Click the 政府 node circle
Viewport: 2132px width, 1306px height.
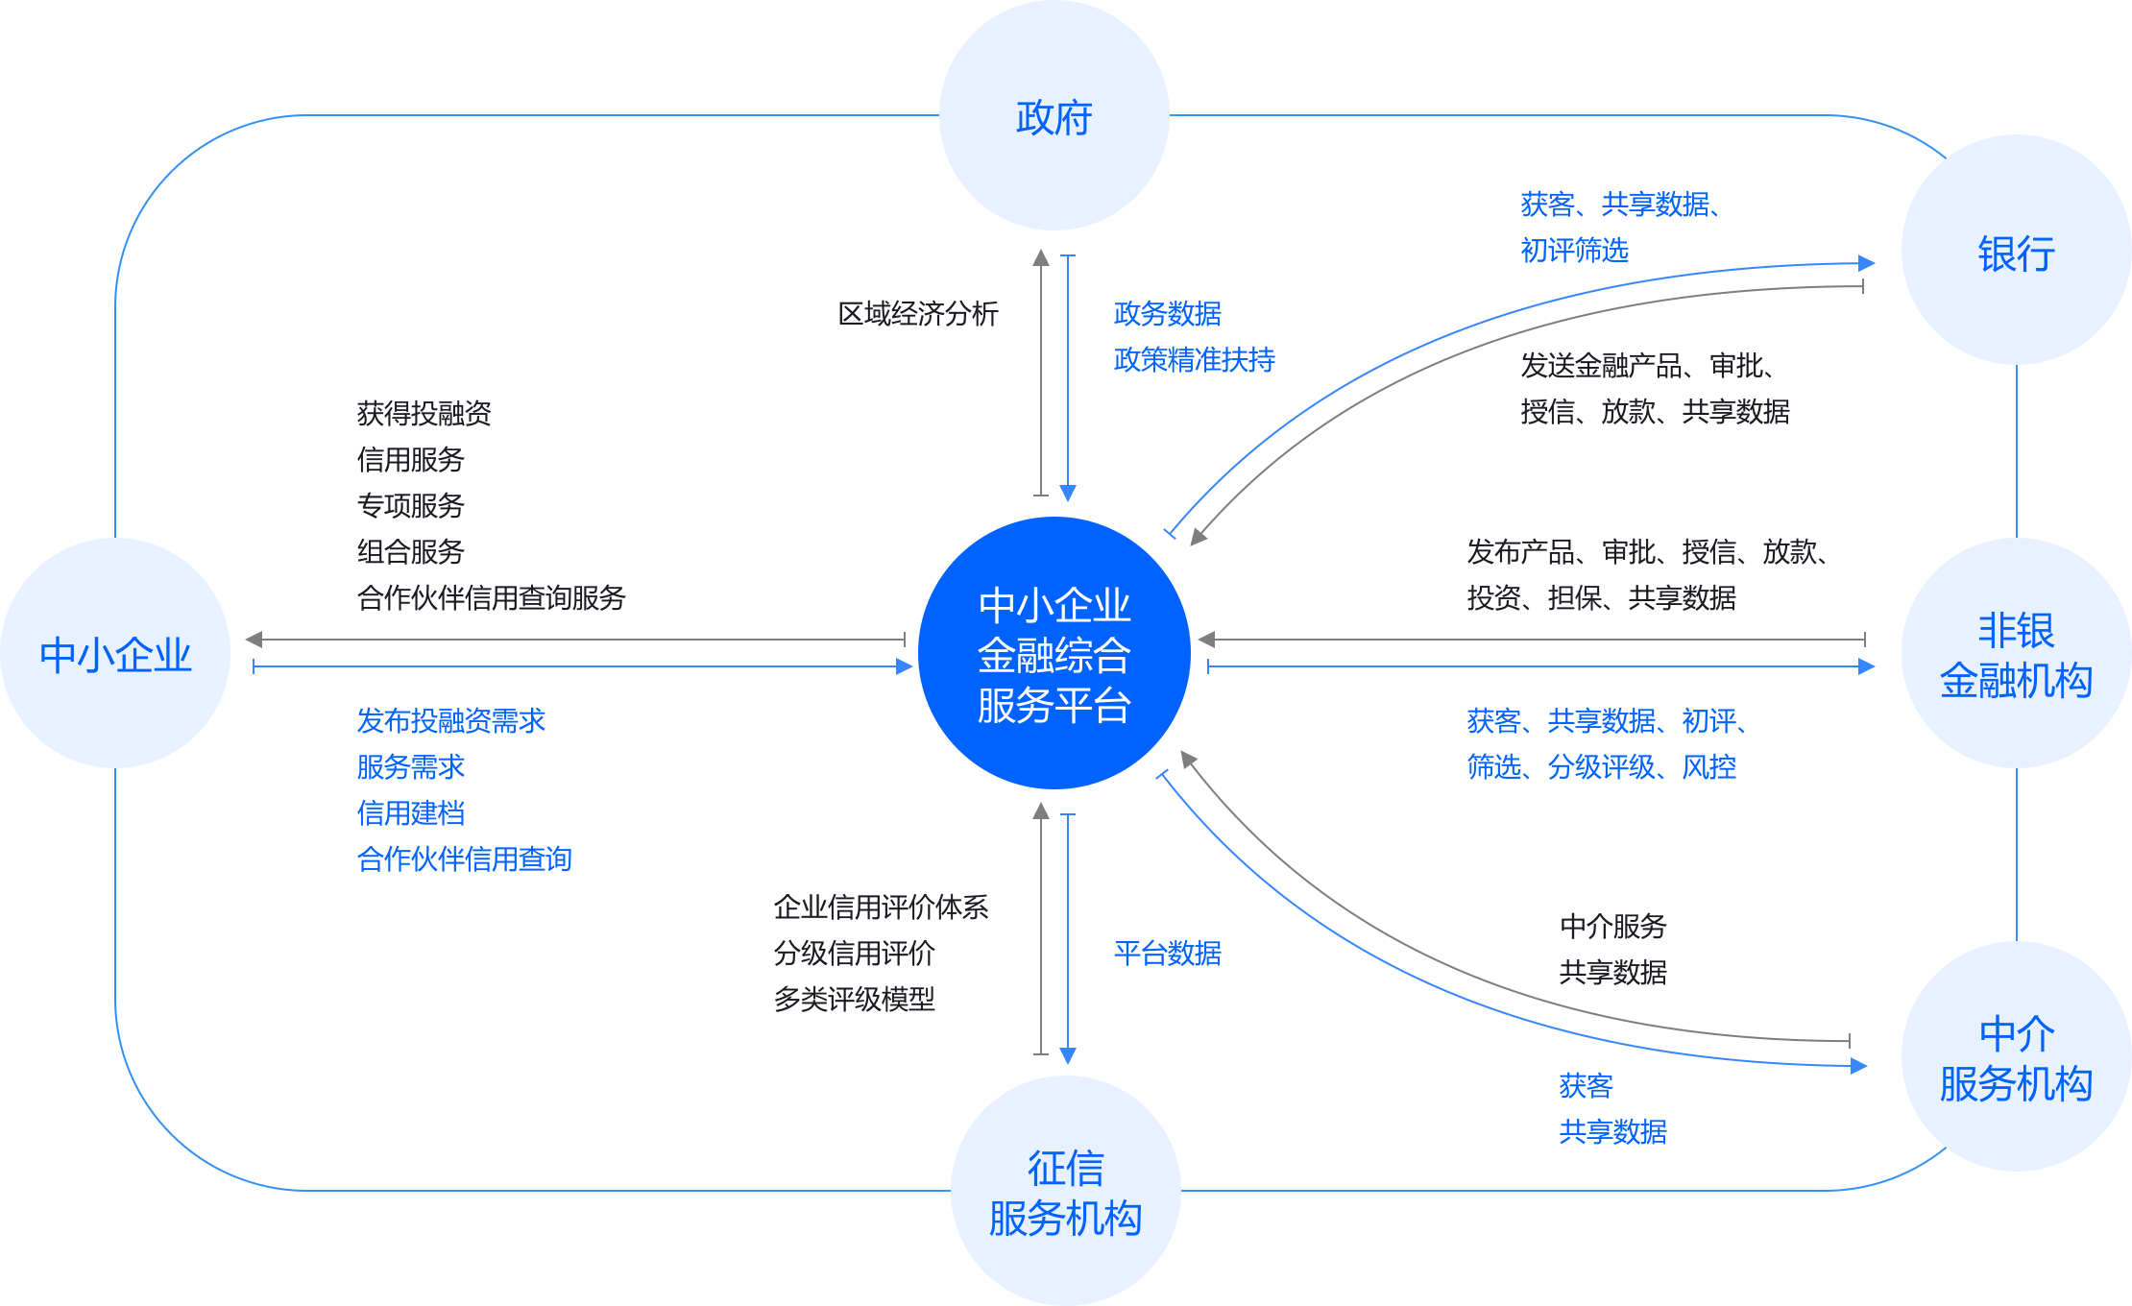point(1054,115)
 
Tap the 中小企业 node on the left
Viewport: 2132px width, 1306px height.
point(115,653)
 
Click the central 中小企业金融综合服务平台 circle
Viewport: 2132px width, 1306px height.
point(1054,653)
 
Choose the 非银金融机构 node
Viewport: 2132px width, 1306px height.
point(2016,653)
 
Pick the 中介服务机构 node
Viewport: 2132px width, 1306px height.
point(2016,1056)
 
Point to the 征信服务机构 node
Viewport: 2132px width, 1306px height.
point(1065,1191)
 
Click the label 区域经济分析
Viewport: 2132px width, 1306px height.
point(917,313)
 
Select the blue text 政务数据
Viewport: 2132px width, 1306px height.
point(1167,313)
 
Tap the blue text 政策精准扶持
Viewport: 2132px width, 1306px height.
point(1194,359)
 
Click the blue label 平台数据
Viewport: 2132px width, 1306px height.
point(1167,953)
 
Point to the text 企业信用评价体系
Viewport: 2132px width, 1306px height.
point(881,907)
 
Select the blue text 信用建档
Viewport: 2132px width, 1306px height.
point(410,812)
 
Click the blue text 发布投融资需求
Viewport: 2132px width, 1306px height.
point(450,720)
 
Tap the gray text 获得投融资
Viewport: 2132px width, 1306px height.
point(424,413)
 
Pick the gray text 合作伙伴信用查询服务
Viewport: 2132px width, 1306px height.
point(491,597)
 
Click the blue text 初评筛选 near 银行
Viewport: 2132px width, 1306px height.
point(1574,250)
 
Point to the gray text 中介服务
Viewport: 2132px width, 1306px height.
point(1612,926)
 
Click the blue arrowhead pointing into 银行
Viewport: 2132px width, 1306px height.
point(1866,263)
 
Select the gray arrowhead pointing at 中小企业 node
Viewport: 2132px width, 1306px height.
point(254,639)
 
